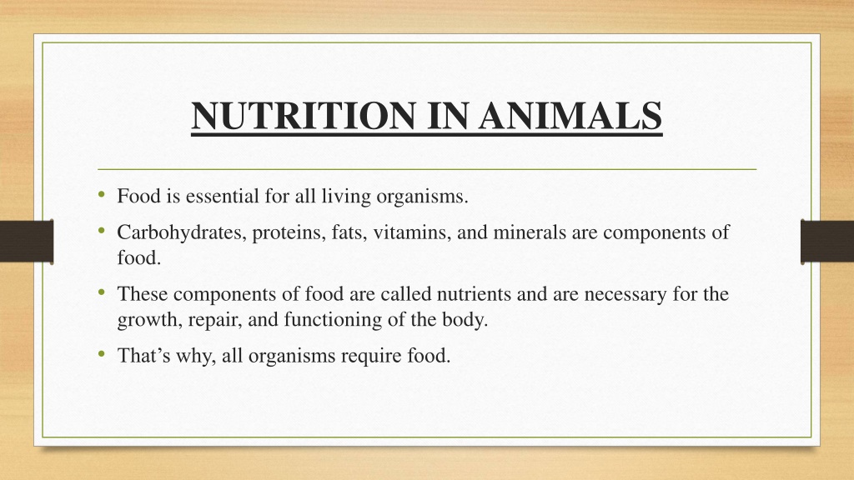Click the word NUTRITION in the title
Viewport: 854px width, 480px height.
tap(304, 115)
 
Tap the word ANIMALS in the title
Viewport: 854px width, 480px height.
tap(570, 115)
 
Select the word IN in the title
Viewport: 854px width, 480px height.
tap(447, 115)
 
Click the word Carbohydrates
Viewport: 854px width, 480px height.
tap(182, 233)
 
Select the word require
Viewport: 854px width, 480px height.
tap(371, 357)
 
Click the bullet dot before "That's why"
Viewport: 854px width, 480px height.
tap(101, 354)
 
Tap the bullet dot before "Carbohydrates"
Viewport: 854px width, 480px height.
tap(101, 232)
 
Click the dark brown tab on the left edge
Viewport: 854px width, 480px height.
tap(27, 242)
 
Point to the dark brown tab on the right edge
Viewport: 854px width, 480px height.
tap(827, 242)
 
